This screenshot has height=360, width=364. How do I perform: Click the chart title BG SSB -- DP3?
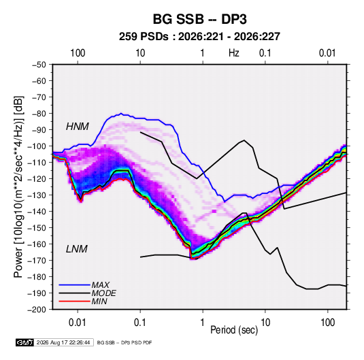point(199,19)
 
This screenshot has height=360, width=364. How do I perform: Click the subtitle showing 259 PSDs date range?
point(199,37)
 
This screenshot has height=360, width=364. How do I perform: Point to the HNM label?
point(78,127)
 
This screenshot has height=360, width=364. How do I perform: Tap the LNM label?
point(77,249)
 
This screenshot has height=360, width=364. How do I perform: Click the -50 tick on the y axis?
point(39,65)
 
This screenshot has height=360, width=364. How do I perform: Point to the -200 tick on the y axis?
point(37,310)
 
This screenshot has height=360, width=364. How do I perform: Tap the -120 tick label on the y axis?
point(37,179)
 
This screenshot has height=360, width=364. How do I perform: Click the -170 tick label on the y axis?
point(37,261)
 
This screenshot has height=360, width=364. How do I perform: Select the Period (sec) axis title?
point(234,330)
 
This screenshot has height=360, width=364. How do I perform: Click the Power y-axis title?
point(18,187)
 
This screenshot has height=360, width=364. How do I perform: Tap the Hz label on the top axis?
point(234,53)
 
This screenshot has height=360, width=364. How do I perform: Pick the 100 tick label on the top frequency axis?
point(78,53)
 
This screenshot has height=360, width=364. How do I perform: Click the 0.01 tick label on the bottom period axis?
point(78,323)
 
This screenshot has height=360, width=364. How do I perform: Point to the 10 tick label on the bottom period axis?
point(265,323)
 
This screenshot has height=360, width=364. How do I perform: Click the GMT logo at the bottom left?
point(24,342)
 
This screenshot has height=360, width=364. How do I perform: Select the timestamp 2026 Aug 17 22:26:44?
point(63,342)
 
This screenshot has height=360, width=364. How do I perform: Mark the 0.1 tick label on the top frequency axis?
point(265,53)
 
